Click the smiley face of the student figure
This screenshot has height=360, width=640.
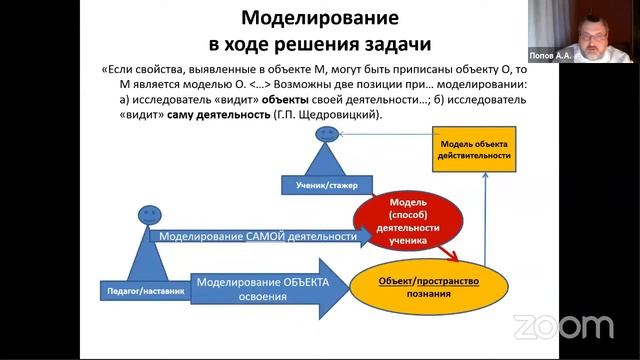point(326,133)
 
